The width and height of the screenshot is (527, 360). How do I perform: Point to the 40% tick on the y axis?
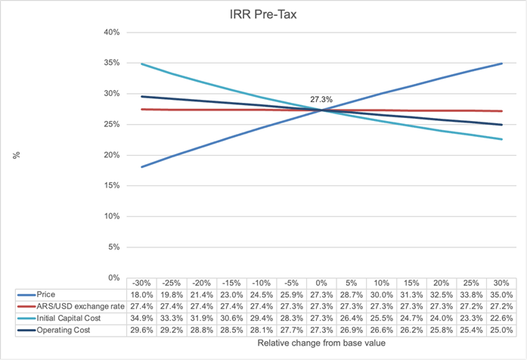(x=111, y=33)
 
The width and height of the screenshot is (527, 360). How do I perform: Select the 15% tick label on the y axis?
(x=111, y=185)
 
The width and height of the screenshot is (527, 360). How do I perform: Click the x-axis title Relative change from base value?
(x=322, y=344)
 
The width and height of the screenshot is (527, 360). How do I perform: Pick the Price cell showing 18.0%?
(x=143, y=294)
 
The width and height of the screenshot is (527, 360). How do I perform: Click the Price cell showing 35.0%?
(x=501, y=294)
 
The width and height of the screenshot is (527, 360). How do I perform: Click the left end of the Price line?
(x=143, y=166)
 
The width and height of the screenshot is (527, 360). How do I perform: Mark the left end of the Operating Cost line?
(x=143, y=96)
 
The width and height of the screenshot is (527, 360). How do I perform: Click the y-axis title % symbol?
(x=15, y=155)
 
